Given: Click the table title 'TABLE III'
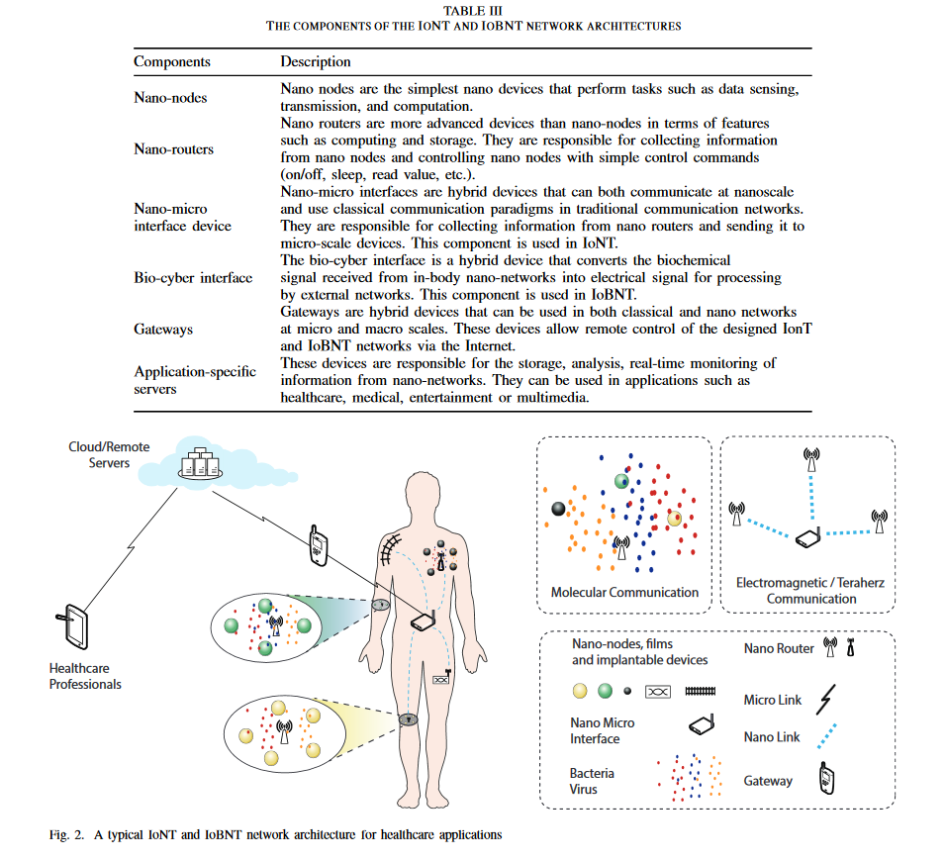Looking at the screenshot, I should pyautogui.click(x=473, y=11).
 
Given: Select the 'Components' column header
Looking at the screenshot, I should pyautogui.click(x=172, y=61).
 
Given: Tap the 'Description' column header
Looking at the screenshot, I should pyautogui.click(x=315, y=61).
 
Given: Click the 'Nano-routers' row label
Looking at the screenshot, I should pyautogui.click(x=173, y=149).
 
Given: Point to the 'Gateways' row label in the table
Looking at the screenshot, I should pyautogui.click(x=163, y=329).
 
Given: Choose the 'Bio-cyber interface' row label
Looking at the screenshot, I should pyautogui.click(x=193, y=277).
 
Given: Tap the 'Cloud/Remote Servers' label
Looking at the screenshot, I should pyautogui.click(x=109, y=454).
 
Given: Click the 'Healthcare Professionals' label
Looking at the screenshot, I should pyautogui.click(x=85, y=676).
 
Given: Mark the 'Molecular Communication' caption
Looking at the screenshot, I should pyautogui.click(x=624, y=593).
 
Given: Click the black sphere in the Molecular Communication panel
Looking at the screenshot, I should pyautogui.click(x=558, y=509).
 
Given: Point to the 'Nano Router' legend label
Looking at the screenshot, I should pyautogui.click(x=779, y=648).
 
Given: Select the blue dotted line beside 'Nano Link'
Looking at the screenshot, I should pyautogui.click(x=827, y=736).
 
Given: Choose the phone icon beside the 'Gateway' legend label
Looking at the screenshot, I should pyautogui.click(x=823, y=780).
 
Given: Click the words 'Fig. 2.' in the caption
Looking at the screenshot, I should pyautogui.click(x=66, y=834).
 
